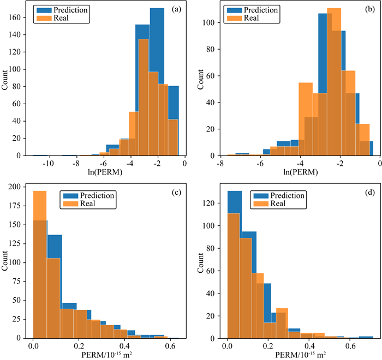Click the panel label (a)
point(176,9)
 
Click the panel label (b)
point(364,9)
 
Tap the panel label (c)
point(176,193)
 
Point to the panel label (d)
point(363,193)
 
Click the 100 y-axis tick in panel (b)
point(211,22)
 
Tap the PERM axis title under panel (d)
point(301,355)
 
